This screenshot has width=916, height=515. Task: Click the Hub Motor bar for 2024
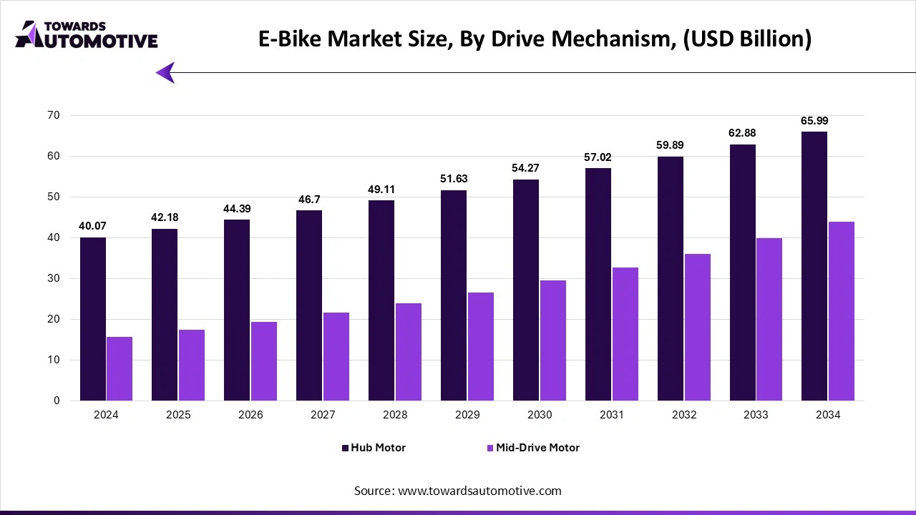pos(93,319)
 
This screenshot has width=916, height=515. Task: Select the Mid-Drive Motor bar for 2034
pos(841,311)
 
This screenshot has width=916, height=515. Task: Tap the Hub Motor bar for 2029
pos(454,295)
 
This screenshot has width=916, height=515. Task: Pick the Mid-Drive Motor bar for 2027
pos(336,356)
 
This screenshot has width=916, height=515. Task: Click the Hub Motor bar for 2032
pos(671,278)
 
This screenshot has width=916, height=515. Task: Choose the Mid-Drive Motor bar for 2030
pos(552,340)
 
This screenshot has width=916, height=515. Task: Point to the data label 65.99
pos(814,121)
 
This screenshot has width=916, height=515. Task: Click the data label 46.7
pos(309,200)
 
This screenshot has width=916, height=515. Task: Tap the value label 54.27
pos(526,168)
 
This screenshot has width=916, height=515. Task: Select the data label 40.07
pos(93,226)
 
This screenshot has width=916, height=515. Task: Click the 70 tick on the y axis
pos(54,115)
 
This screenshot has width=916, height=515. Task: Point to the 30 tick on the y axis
pos(54,278)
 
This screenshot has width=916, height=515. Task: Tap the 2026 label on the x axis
pos(250,415)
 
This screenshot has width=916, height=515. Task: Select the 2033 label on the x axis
pos(756,415)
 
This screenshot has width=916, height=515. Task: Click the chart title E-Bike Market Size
pos(535,39)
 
